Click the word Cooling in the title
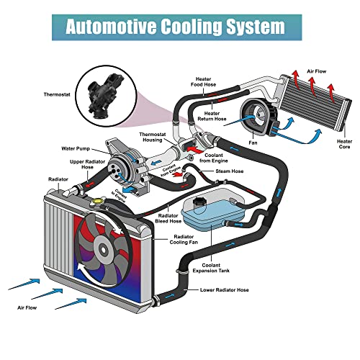191,27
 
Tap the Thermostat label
57,94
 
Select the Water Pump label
76,148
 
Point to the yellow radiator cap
98,202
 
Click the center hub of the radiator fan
103,250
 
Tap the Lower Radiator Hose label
225,290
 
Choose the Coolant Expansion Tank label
211,268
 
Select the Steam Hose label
230,171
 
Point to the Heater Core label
344,144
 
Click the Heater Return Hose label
212,116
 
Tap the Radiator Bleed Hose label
168,218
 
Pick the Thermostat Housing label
153,137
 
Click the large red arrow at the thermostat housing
195,149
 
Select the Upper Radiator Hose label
87,164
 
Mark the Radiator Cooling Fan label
184,240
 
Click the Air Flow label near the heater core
317,71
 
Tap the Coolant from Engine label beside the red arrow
213,158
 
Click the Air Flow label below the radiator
27,307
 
